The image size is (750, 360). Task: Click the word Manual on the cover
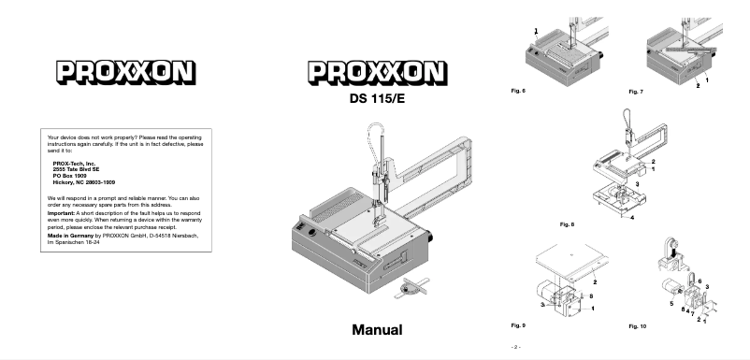coord(377,330)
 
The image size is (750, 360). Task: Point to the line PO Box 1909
coord(71,175)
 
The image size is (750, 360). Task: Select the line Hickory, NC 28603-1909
coord(87,181)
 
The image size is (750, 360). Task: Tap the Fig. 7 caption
coord(637,94)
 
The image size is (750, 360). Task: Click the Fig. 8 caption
coord(566,225)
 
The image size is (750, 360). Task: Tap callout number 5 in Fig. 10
coord(671,303)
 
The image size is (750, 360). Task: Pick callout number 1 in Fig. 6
coord(536,31)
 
